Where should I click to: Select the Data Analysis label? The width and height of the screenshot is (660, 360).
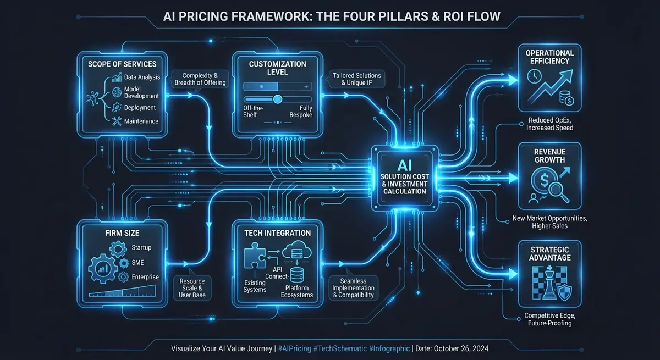tap(142, 78)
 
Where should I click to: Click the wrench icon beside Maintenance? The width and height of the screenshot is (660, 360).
tap(116, 121)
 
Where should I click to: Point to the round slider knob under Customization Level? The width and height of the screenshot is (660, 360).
tap(278, 99)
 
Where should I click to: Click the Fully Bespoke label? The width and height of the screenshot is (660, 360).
tap(301, 112)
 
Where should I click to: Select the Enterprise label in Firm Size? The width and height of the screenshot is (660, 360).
tap(145, 277)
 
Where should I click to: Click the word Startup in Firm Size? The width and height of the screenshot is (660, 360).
tap(141, 248)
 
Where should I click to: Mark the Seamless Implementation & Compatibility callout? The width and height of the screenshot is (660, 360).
tap(354, 287)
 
